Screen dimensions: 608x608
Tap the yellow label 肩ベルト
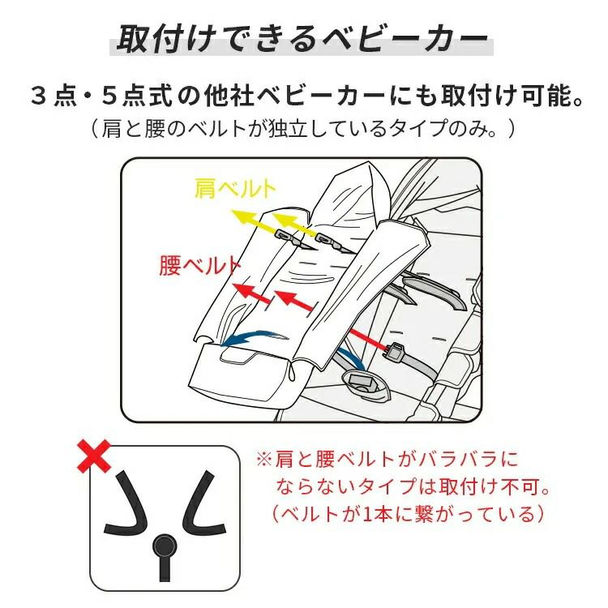[235, 188]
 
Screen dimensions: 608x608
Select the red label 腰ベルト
[199, 266]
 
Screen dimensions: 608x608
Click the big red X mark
[94, 456]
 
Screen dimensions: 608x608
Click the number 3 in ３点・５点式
[39, 96]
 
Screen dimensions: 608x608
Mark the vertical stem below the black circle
[165, 569]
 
